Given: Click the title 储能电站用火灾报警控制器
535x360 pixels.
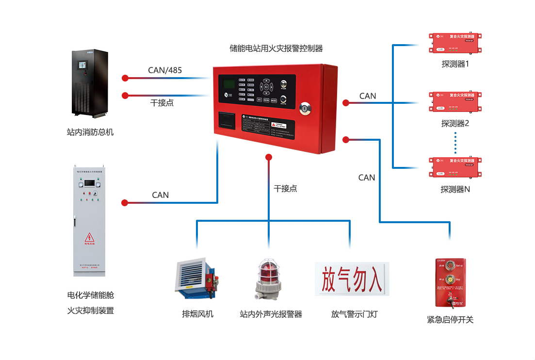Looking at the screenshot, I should (x=276, y=49).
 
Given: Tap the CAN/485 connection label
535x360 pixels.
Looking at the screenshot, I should (x=165, y=70).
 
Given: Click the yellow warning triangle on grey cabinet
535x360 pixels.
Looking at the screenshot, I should (x=89, y=237).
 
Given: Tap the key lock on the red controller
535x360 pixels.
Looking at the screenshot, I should (x=306, y=108).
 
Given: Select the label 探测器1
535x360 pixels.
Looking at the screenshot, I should (x=455, y=64).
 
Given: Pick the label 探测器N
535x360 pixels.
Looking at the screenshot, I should (x=455, y=190).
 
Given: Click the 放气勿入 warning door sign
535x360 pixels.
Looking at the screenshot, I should (x=352, y=278).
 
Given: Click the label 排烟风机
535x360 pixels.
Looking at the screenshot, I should (x=197, y=314).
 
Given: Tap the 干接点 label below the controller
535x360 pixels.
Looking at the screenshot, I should (x=285, y=189).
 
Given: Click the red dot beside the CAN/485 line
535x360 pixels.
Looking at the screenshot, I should (x=125, y=78).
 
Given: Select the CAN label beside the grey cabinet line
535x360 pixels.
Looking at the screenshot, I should (x=160, y=195).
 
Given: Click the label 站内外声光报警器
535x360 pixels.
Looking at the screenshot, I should (x=271, y=314).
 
